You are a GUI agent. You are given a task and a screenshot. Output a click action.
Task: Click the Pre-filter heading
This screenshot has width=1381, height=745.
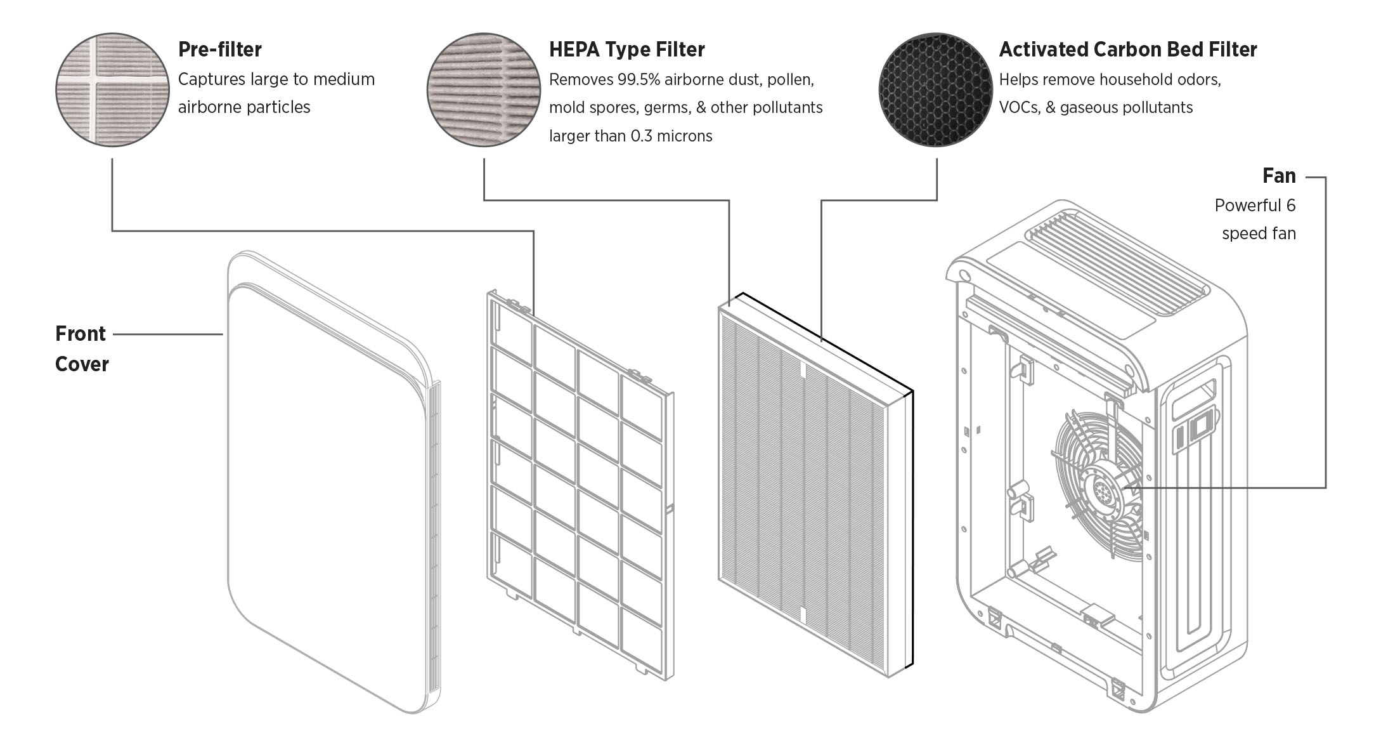[219, 49]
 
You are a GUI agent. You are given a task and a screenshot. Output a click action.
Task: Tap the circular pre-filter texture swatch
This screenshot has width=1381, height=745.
[113, 90]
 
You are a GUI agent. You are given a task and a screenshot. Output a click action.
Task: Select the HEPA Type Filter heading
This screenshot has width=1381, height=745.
[626, 49]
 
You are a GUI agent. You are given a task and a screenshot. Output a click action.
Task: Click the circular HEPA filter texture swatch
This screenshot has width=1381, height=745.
[484, 90]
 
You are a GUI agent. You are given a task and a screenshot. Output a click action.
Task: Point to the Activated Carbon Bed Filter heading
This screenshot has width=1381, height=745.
[1127, 49]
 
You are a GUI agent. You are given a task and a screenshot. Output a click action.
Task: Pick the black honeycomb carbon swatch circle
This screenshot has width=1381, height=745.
[935, 90]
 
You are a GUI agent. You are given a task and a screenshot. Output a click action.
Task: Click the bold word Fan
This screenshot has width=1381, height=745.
[1279, 176]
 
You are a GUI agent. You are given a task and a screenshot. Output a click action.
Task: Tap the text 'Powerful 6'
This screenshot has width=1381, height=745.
[1255, 206]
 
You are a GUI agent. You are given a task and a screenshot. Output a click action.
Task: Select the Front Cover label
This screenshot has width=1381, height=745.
[81, 348]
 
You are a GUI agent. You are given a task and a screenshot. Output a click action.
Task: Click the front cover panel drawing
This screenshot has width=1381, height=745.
[323, 482]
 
